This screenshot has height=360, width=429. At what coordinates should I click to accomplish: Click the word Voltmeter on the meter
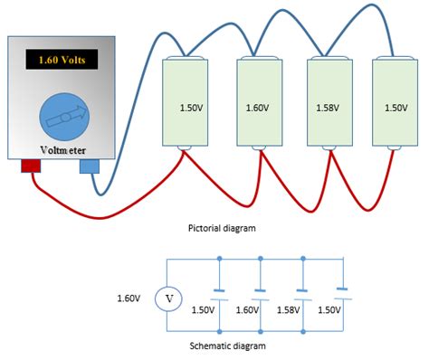62,149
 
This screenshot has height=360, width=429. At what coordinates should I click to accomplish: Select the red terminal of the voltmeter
32,166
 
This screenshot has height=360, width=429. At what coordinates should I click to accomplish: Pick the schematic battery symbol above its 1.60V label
260,292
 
